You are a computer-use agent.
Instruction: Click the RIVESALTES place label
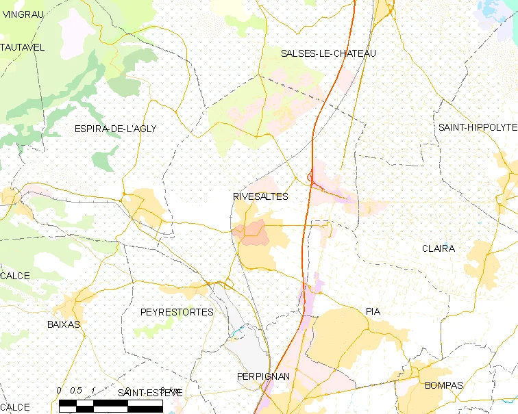pos(260,196)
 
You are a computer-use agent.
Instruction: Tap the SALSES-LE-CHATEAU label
pos(328,53)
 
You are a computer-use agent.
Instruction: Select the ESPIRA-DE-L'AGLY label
pos(115,129)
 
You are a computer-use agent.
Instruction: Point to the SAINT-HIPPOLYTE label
pos(478,127)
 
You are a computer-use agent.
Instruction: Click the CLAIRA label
pos(439,248)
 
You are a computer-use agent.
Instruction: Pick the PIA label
pos(373,311)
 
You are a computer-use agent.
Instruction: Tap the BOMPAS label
pos(444,385)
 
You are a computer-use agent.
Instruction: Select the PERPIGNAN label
pos(263,377)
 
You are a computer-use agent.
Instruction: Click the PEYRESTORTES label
pos(177,312)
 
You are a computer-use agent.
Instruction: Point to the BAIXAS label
pos(64,324)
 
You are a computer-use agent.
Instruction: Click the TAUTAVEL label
pos(22,47)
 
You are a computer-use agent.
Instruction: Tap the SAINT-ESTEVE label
pos(150,393)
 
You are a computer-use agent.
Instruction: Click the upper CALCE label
pos(15,276)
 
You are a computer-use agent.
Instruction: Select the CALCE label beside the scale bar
pos(15,407)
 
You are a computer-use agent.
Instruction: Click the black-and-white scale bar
pos(111,406)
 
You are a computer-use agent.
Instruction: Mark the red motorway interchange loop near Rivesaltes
pos(311,179)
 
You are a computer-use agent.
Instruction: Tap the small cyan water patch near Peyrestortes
pos(237,333)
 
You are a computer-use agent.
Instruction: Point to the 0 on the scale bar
pos(60,391)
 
